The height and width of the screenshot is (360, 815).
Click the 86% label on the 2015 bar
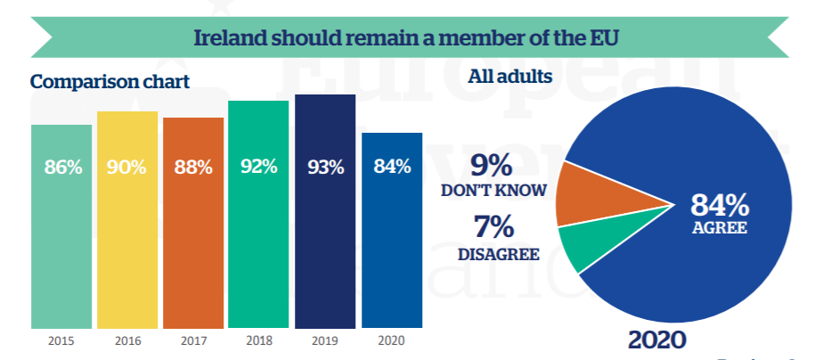62,166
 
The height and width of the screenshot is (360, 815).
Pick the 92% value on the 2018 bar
258,167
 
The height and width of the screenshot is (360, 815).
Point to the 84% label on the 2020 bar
392,166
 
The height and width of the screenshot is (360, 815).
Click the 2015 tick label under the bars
61,340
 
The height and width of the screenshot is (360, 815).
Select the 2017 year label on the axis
193,340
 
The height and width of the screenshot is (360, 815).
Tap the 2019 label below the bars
325,340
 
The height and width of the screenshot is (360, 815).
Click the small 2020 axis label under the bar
391,340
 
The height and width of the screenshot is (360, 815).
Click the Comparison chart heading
110,82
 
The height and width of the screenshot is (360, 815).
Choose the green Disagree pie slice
579,244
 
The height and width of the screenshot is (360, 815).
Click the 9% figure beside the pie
492,166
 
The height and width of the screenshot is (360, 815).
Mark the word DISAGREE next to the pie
499,254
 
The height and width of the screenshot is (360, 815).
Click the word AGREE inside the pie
720,228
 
